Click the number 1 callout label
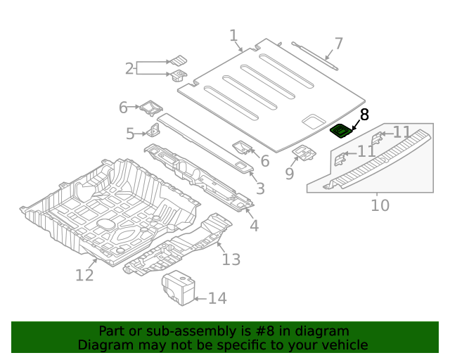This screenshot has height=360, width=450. [x=233, y=36]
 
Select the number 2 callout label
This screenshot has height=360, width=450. [x=129, y=68]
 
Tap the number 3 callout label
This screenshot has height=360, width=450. [x=260, y=188]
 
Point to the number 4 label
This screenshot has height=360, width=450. [x=254, y=226]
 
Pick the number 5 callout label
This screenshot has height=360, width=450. [x=130, y=134]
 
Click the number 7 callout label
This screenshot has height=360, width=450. [x=338, y=44]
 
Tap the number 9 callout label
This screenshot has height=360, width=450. [x=290, y=173]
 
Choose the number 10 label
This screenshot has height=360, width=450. [x=380, y=205]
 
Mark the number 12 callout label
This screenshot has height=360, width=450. [x=84, y=275]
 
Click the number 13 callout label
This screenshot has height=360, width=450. [x=231, y=259]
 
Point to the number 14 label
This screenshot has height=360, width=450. [x=217, y=299]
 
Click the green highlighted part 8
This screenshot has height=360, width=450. [x=342, y=130]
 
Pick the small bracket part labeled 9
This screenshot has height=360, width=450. [x=304, y=152]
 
